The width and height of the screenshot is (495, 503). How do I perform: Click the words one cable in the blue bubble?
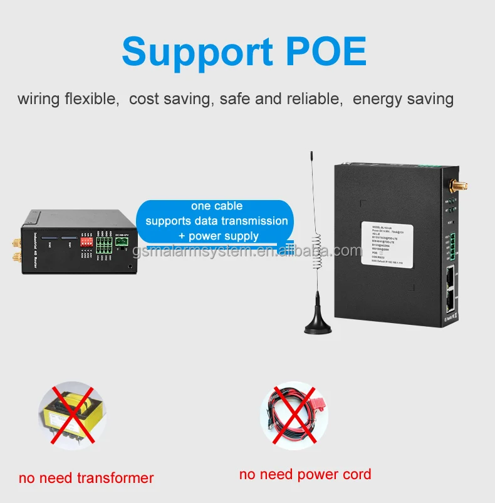pyautogui.click(x=217, y=206)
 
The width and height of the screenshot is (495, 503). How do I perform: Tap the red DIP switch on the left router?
pyautogui.click(x=86, y=239)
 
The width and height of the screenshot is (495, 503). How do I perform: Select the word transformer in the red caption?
pyautogui.click(x=115, y=478)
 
